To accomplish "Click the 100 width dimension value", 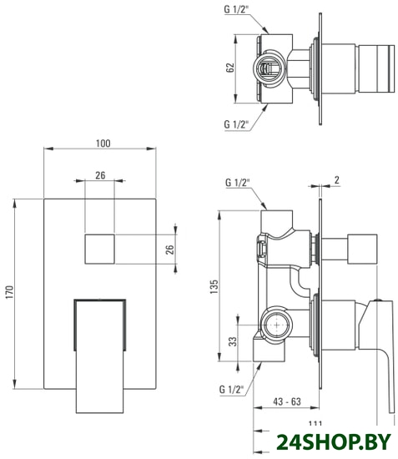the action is (103, 144).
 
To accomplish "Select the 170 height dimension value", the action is (10, 292).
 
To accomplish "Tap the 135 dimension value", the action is (214, 287).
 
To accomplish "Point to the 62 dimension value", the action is (230, 68).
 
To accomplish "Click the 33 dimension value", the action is (233, 341).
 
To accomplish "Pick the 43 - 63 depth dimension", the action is (287, 401).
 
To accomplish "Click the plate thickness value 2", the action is (337, 179).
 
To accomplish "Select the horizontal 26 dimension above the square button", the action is (100, 175).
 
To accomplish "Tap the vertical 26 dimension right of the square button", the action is (169, 250).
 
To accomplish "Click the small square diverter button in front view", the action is (99, 249).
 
